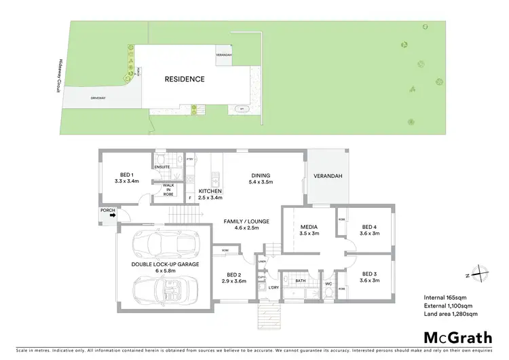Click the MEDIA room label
[x=309, y=229]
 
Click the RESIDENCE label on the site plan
[x=185, y=79]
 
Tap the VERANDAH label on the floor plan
[x=327, y=177]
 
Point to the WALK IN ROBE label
[x=168, y=189]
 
